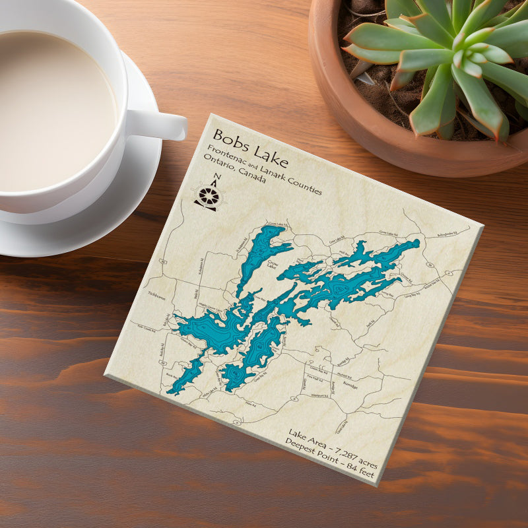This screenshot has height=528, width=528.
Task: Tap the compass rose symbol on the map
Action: pos(209,196)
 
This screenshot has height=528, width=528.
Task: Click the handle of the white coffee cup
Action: pos(158,123)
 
